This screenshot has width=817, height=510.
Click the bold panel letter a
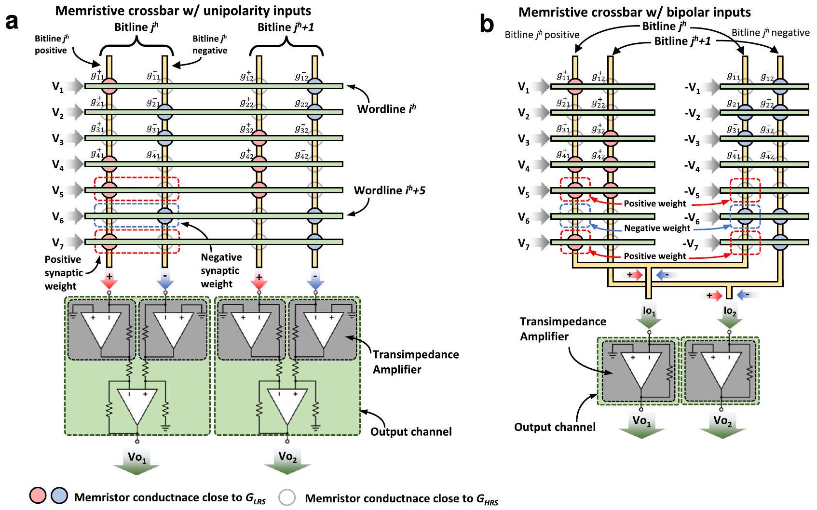[12, 22]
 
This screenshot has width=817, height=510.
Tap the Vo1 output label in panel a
[137, 457]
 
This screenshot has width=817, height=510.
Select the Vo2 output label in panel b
[722, 420]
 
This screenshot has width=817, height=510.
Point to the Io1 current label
[649, 311]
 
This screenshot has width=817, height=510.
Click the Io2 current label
[730, 311]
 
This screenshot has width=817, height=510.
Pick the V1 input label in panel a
[58, 87]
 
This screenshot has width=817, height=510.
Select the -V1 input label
[692, 88]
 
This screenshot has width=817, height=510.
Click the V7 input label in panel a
[58, 242]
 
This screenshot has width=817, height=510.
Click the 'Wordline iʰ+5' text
[389, 190]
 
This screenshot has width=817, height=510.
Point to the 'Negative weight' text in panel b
[657, 228]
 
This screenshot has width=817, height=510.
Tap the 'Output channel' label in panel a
[411, 431]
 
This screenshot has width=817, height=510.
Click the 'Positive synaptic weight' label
[63, 272]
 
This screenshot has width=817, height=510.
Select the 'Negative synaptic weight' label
[220, 270]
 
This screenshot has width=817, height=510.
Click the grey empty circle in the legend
[287, 497]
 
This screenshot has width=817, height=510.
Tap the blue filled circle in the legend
[59, 496]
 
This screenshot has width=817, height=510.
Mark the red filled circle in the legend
[38, 496]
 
